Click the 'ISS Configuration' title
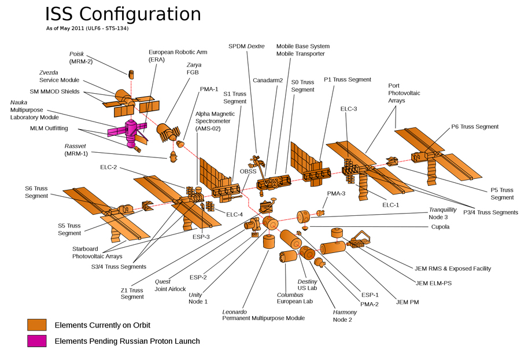tap(123, 14)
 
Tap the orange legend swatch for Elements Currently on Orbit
tap(36, 325)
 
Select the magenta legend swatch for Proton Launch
tap(36, 341)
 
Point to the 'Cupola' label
tap(441, 227)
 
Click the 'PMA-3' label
tap(337, 193)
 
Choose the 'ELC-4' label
tap(235, 215)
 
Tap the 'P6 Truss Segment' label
tap(475, 127)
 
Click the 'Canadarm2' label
tap(267, 80)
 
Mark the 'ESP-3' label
tap(201, 237)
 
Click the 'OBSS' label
tap(248, 172)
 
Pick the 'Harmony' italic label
tap(345, 312)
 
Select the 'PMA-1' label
tap(208, 89)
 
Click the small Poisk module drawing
tap(131, 74)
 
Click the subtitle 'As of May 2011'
tap(87, 28)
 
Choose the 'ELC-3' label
tap(349, 109)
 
